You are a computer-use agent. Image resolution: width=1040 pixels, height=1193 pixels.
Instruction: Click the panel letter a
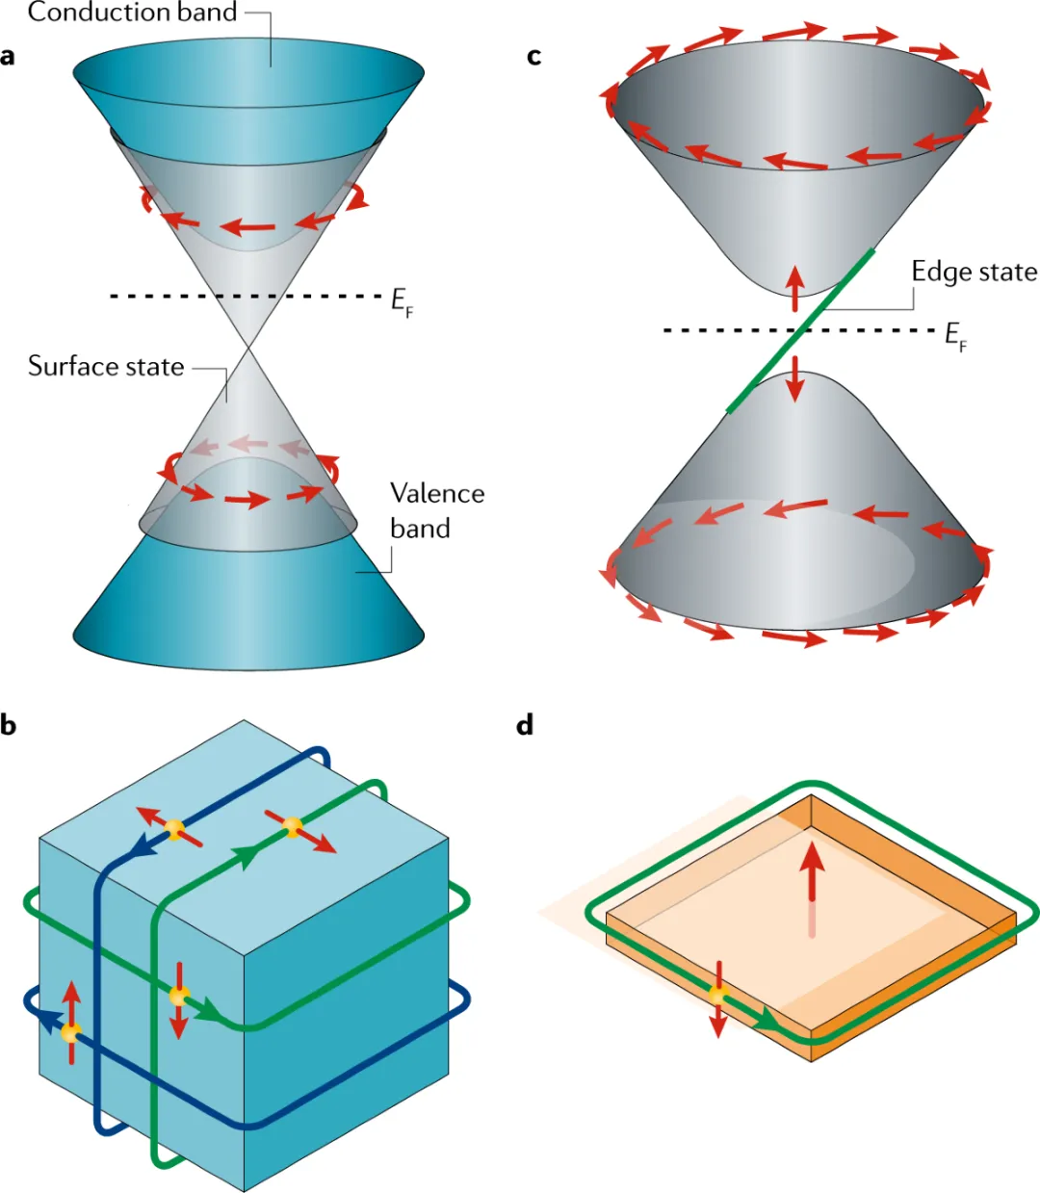pos(8,57)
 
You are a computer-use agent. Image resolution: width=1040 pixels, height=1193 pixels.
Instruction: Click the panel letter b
pos(9,725)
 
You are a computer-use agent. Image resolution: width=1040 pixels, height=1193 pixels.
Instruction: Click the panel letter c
pos(533,57)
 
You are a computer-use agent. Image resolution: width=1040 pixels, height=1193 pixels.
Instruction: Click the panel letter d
pos(525,725)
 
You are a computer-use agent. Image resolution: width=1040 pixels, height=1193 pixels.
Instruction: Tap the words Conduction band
pos(132,13)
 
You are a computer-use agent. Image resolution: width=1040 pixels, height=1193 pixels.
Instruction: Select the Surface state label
pos(106,367)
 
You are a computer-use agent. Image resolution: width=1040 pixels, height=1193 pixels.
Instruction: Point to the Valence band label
pos(436,510)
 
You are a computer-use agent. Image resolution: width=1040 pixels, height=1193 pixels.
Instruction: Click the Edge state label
pos(974,272)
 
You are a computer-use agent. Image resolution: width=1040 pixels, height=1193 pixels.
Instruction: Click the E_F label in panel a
pos(402,302)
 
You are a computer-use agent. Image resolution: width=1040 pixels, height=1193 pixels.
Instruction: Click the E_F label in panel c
pos(955,336)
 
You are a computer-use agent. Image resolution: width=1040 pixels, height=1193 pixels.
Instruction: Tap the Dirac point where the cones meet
pos(249,347)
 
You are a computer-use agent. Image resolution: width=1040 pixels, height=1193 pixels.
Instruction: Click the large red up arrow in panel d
pos(813,871)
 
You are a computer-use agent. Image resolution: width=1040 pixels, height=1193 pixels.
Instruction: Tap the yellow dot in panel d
pos(717,995)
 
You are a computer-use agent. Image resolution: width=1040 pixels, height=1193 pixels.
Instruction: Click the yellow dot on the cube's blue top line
pos(174,829)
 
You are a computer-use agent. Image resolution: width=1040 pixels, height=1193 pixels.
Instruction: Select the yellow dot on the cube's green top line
pos(292,825)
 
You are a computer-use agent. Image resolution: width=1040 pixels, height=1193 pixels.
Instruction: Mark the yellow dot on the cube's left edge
pos(70,1032)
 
